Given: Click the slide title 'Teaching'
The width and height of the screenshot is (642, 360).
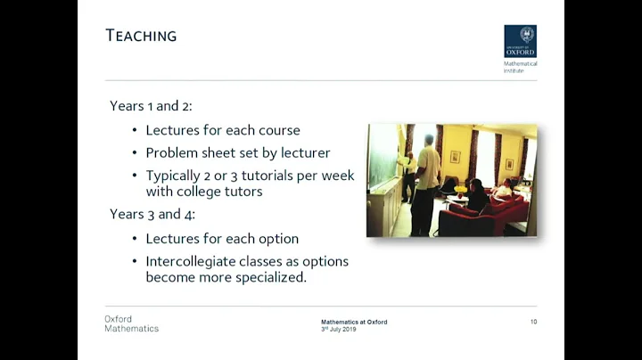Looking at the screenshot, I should click(x=141, y=36).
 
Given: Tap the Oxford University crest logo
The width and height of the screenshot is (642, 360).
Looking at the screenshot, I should click(x=520, y=41).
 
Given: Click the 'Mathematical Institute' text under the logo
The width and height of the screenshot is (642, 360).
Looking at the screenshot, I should click(x=520, y=67).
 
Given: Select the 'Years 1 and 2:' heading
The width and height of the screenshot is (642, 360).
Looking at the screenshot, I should click(x=151, y=106).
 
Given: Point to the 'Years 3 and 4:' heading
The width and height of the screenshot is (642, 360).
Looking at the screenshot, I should click(x=152, y=214).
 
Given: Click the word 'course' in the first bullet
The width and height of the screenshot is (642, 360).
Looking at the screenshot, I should click(x=277, y=130).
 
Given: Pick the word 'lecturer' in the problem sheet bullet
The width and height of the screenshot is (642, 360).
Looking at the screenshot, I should click(x=299, y=152).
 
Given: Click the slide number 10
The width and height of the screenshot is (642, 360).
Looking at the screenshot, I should click(x=533, y=322).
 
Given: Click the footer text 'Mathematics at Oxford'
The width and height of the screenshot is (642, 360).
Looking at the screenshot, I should click(x=354, y=322).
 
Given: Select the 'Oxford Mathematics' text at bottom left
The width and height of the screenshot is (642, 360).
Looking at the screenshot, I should click(x=131, y=323).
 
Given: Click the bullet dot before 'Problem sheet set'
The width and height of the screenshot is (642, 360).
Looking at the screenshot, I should click(x=135, y=153).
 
